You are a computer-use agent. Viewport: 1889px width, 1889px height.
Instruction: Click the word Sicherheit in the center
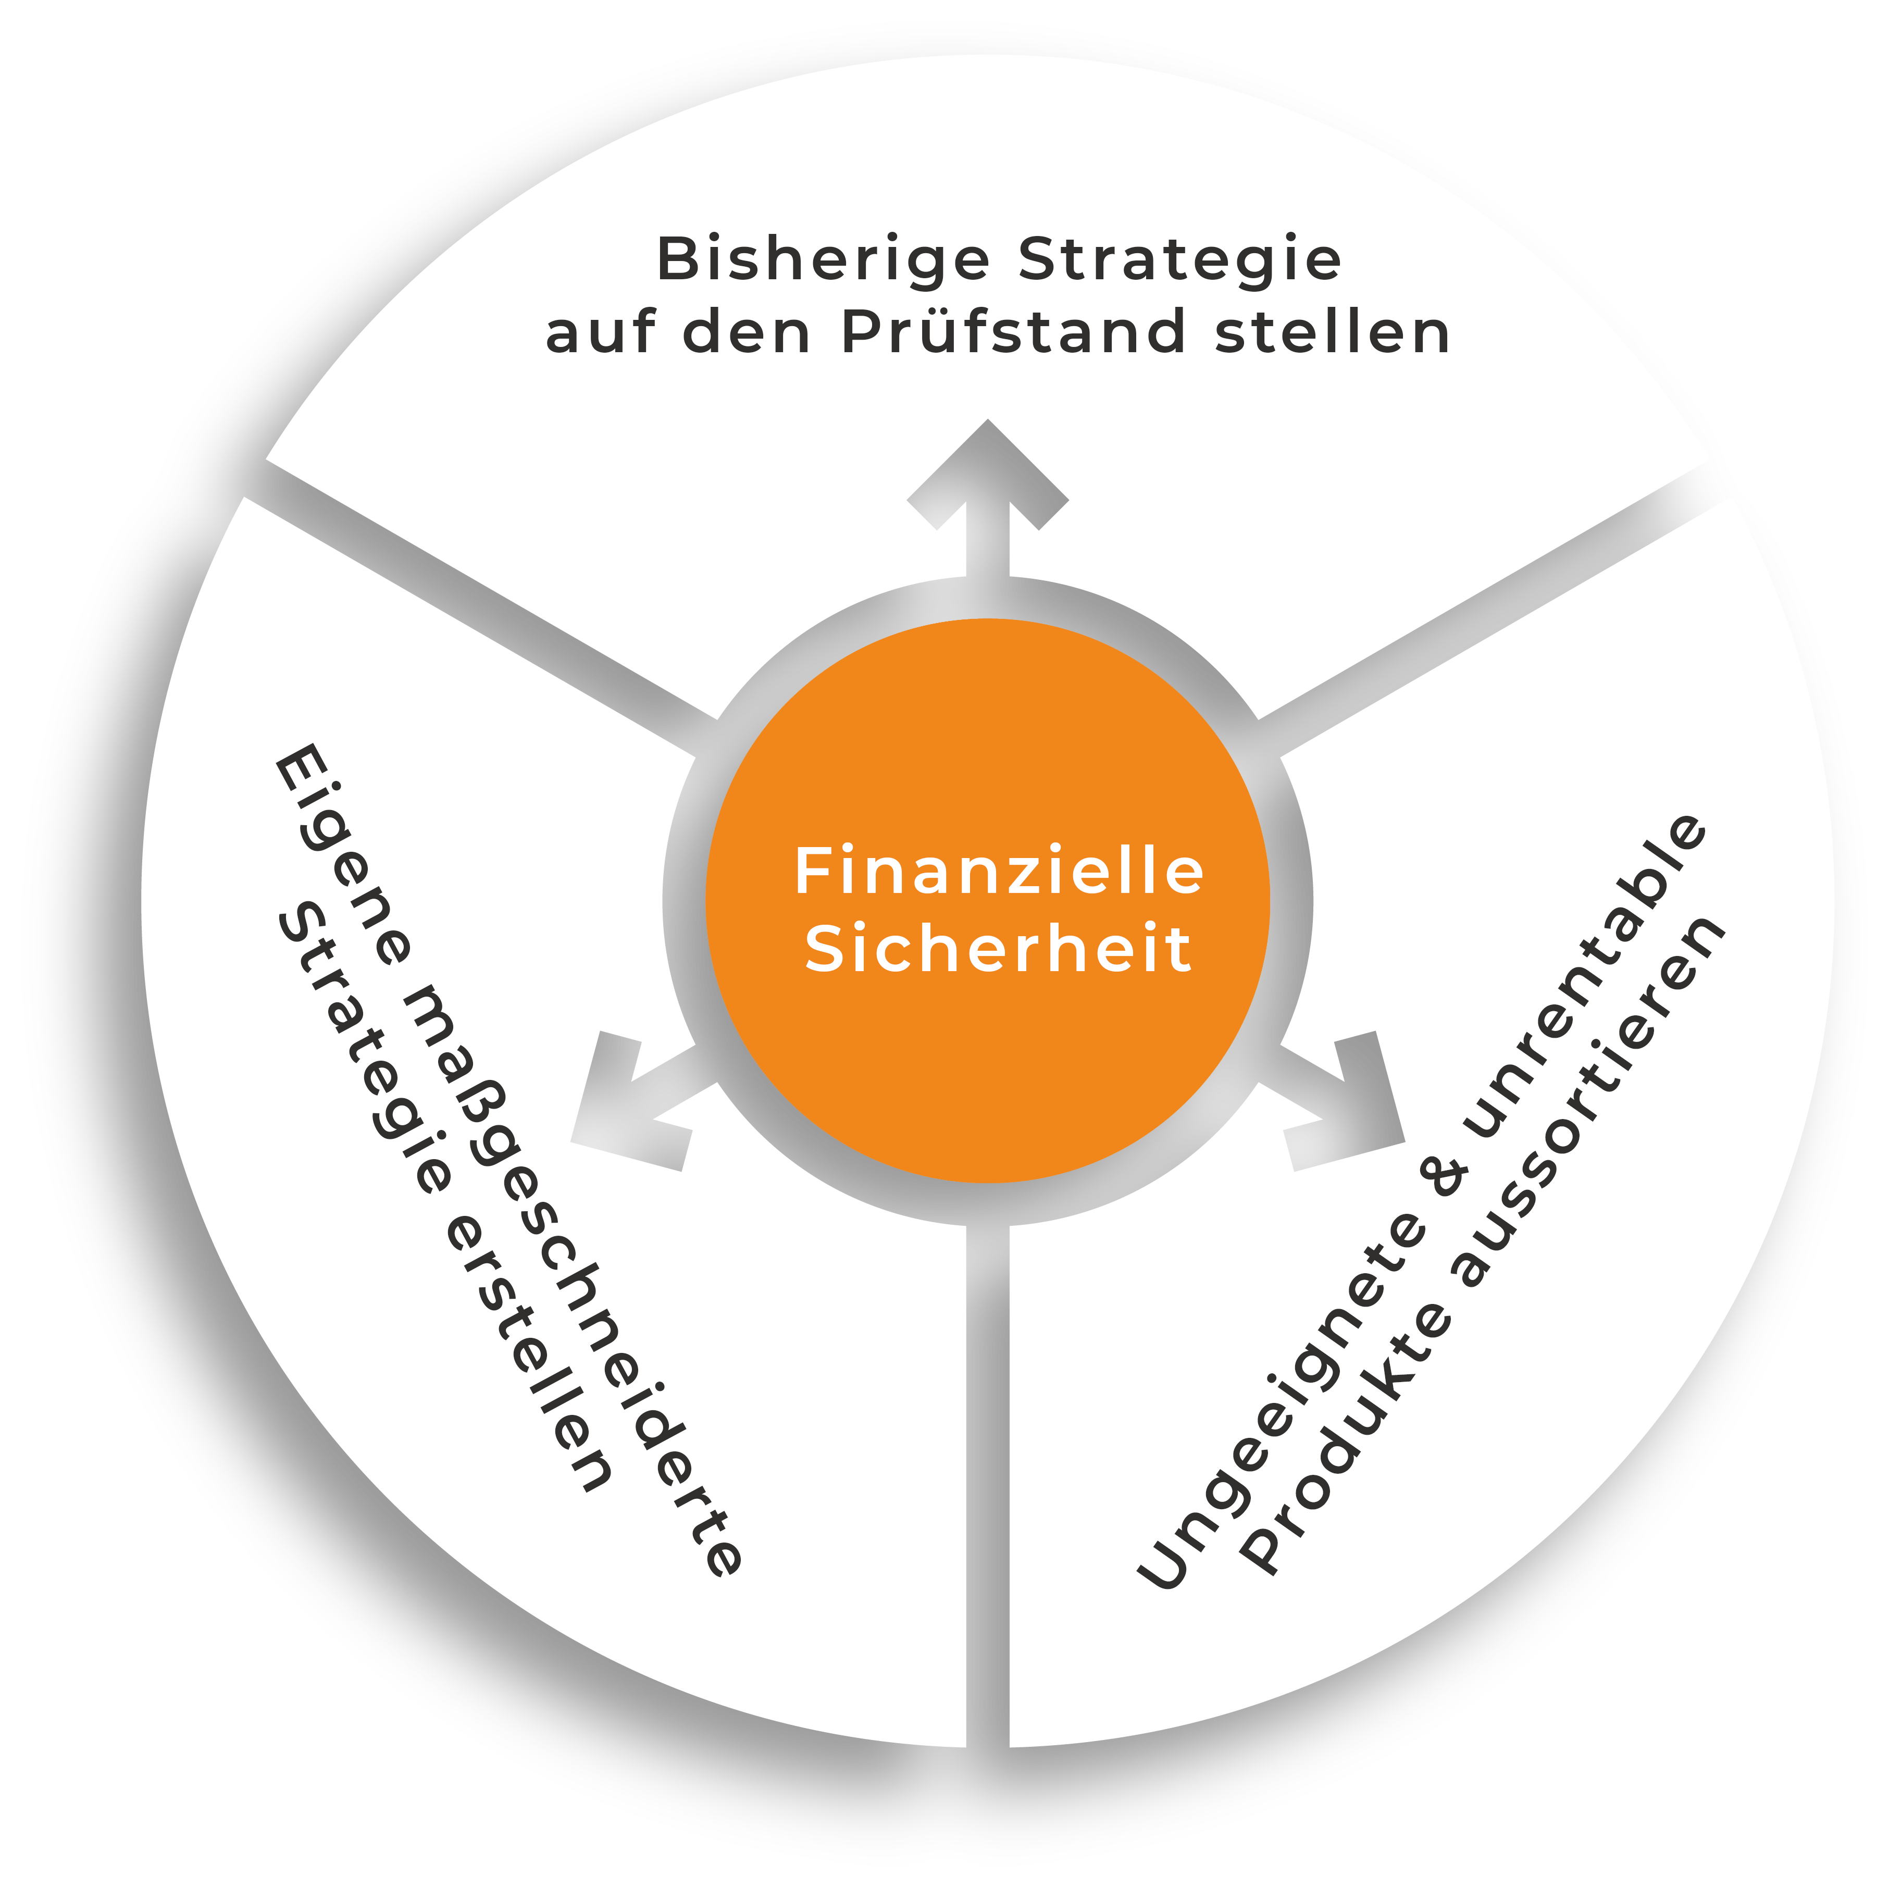click(x=997, y=949)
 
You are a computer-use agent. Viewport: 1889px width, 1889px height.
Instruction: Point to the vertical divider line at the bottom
click(x=988, y=1467)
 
